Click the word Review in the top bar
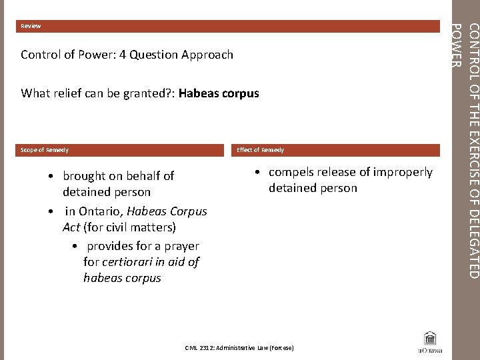tap(31, 26)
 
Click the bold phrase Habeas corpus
tap(219, 93)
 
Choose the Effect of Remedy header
tap(261, 150)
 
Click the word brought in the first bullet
tap(84, 176)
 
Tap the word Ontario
tap(100, 211)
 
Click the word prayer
tap(177, 246)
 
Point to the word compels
tap(291, 172)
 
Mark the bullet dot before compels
tap(257, 173)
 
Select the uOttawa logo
tap(430, 341)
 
